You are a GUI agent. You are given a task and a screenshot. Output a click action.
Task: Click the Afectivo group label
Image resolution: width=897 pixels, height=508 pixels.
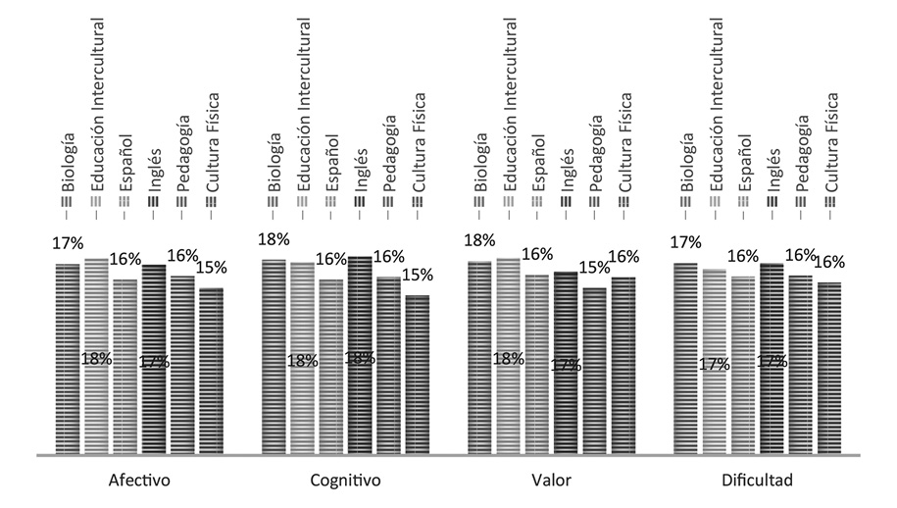140,482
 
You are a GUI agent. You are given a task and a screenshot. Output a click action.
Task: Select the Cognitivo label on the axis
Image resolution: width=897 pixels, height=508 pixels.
345,482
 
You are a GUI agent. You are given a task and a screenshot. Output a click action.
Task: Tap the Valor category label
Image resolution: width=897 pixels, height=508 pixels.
552,482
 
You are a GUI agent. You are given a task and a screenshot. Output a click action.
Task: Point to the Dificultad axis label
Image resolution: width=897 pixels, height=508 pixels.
758,482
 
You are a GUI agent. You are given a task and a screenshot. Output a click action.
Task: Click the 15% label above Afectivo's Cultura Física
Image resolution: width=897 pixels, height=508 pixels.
212,267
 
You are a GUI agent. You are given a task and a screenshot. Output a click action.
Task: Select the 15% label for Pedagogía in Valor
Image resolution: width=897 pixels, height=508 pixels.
594,267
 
